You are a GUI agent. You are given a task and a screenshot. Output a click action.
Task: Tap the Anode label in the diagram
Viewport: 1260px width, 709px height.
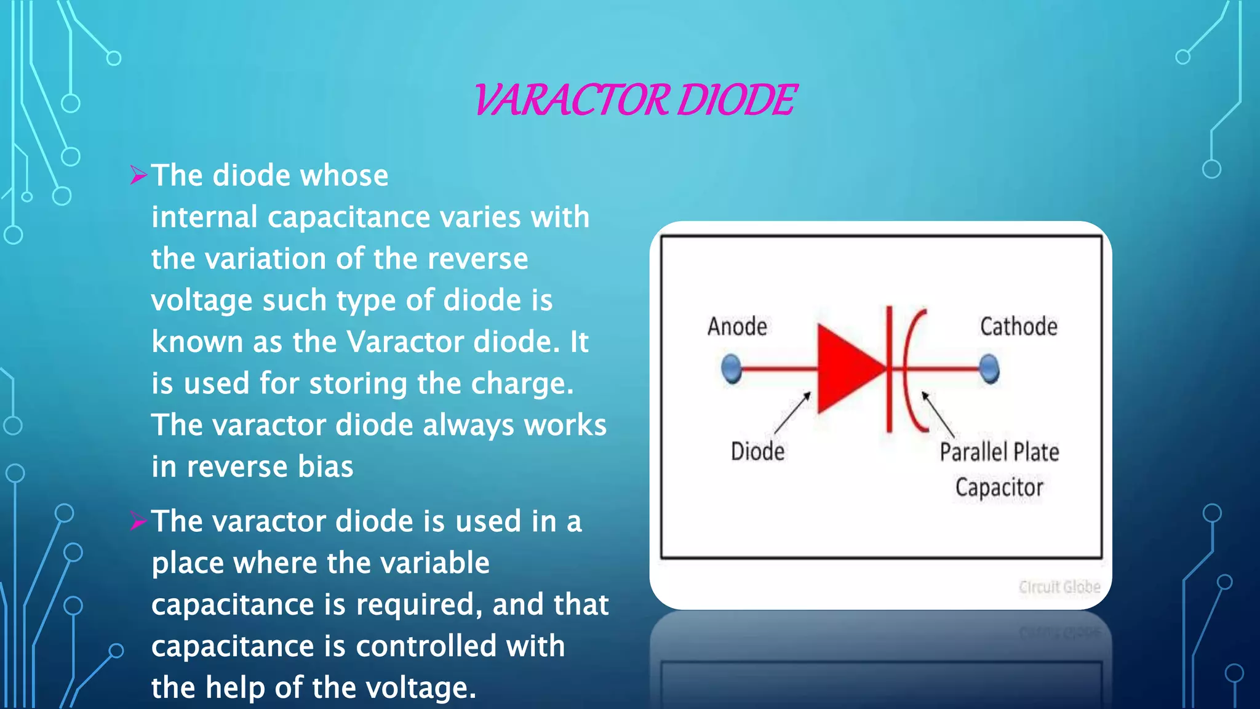click(x=737, y=327)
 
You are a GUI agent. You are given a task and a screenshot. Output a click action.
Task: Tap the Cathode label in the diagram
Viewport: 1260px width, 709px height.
click(x=1018, y=327)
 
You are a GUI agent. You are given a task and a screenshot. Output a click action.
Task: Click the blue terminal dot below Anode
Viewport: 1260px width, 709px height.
click(x=732, y=369)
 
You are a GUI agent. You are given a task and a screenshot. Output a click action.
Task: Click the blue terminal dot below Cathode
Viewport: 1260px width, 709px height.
click(x=989, y=369)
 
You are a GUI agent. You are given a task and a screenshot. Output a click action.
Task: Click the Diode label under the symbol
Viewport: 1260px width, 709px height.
click(x=757, y=452)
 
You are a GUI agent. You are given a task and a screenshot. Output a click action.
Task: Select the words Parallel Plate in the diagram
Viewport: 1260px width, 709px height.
click(x=999, y=452)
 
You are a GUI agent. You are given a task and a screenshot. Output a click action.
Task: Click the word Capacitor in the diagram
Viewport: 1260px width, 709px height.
click(x=999, y=487)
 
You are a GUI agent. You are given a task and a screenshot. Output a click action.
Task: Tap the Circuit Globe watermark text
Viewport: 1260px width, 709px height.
click(x=1059, y=587)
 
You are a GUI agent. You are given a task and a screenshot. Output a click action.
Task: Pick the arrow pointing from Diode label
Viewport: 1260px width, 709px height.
click(x=792, y=414)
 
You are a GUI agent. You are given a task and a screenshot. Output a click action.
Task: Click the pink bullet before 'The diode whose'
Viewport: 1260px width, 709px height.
click(x=138, y=175)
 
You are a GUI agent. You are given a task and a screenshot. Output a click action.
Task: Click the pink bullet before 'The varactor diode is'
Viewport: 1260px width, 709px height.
click(x=138, y=522)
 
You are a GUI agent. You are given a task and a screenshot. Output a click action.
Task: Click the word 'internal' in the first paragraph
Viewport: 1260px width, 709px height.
click(x=204, y=217)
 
